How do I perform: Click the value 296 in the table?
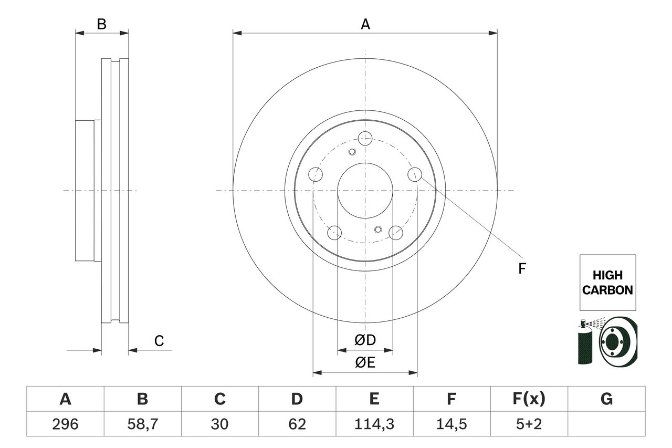pos(65,424)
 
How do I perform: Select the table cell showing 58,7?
pos(142,424)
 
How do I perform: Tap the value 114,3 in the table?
pos(374,424)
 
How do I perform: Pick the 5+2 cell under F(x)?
pos(529,424)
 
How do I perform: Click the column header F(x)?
pos(529,399)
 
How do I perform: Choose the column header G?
pos(606,399)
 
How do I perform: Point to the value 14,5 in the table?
pos(451,424)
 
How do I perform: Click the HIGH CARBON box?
pos(607,283)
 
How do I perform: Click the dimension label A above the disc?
pos(365,24)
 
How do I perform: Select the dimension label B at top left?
pos(102,24)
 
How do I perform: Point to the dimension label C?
pos(159,341)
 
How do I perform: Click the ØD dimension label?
pos(365,340)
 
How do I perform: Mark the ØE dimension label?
pos(365,362)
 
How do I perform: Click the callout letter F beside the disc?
pos(521,269)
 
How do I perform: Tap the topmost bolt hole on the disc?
pos(365,138)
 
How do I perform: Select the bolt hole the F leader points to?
pos(415,174)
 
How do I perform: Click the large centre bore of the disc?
pos(365,190)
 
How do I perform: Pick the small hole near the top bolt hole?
pos(352,152)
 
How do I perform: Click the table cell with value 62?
pos(297,424)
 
